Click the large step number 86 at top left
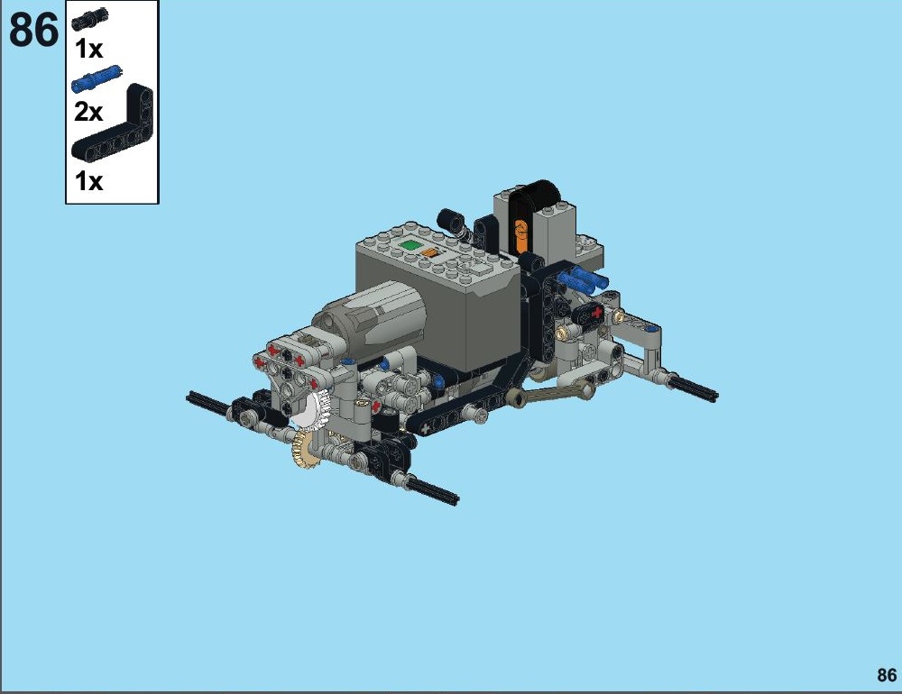click(x=34, y=30)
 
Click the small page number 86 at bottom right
click(x=887, y=674)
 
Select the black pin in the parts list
click(x=89, y=20)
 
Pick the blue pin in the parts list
click(x=97, y=78)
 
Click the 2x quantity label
click(x=88, y=112)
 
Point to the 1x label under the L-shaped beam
click(x=88, y=181)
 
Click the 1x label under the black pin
click(x=88, y=50)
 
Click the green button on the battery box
click(x=409, y=245)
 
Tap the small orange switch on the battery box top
click(x=429, y=251)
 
